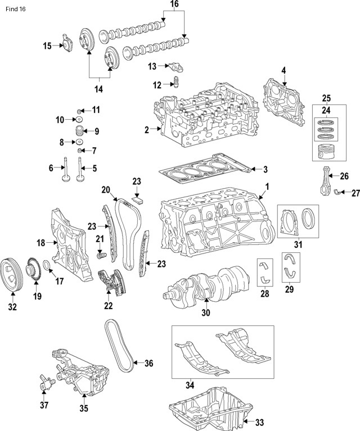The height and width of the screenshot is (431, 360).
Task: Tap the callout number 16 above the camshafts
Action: point(174,4)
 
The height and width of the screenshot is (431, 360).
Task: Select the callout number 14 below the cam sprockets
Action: point(98,89)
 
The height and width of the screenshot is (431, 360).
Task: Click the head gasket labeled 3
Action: point(202,168)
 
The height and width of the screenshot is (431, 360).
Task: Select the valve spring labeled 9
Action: point(79,132)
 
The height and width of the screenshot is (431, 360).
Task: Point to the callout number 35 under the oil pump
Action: point(83,409)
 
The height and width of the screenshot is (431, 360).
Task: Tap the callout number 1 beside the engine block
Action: point(267,186)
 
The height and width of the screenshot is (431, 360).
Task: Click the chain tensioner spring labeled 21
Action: point(101,257)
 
